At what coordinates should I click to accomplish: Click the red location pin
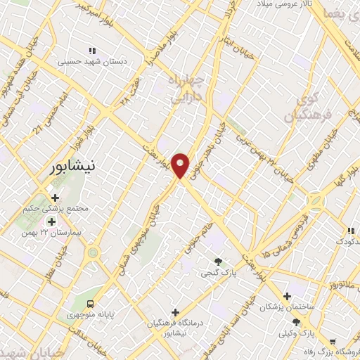[181, 165]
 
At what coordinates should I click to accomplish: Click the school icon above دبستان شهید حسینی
[91, 51]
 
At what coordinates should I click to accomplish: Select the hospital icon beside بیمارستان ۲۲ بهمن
[51, 222]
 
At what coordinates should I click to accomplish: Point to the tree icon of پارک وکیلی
[296, 322]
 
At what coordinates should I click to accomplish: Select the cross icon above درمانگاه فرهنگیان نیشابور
[175, 311]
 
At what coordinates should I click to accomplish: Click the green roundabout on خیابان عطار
[93, 252]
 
